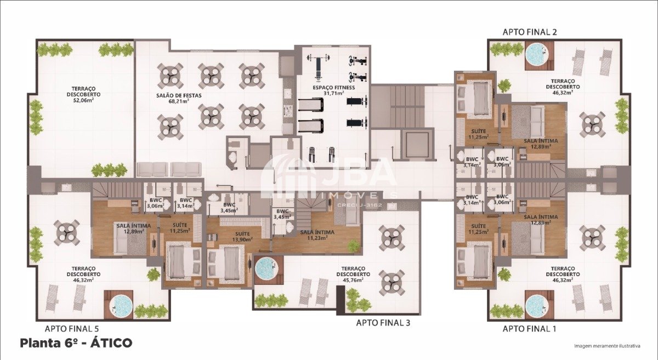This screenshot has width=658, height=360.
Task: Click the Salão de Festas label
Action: (x=179, y=95)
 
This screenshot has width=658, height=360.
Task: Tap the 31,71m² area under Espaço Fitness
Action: (x=334, y=93)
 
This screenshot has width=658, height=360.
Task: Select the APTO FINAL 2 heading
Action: (x=530, y=32)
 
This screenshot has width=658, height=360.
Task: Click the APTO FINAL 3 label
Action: (x=383, y=323)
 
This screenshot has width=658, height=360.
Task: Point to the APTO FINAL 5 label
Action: (x=72, y=329)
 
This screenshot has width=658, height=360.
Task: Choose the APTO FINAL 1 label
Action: (x=529, y=329)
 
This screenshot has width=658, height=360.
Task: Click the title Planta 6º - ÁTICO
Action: (x=76, y=342)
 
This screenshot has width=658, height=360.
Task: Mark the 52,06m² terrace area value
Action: (x=83, y=100)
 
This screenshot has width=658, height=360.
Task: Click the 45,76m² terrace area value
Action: (x=353, y=280)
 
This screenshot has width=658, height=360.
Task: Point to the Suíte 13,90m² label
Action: (x=242, y=237)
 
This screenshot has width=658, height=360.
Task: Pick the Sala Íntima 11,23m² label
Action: (x=317, y=235)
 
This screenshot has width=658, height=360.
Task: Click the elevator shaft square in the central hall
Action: (x=418, y=144)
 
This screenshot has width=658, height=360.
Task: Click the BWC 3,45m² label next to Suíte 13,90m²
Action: (x=229, y=207)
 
